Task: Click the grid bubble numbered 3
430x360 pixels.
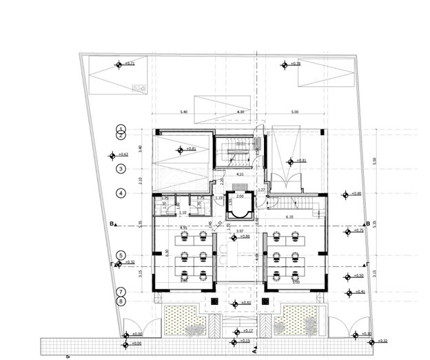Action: coord(121,168)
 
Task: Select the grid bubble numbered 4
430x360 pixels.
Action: coord(121,193)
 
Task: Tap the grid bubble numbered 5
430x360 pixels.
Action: coord(121,254)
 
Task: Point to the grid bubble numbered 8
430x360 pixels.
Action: coord(121,301)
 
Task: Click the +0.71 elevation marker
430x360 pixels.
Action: coord(119,65)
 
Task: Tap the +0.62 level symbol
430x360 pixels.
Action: coord(112,155)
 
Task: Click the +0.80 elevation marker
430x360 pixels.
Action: coord(345,194)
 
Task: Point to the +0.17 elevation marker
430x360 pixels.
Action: coord(236,332)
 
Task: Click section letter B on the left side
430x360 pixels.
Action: coord(110,223)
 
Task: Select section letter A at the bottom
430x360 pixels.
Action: coord(255,350)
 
